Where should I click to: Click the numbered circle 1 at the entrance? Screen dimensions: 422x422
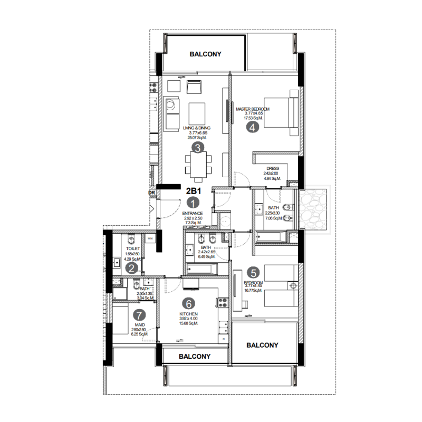194,203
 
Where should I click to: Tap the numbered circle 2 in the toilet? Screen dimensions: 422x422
132,268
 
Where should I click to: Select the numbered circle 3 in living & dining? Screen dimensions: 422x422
197,148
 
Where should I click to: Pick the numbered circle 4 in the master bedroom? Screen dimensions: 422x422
253,127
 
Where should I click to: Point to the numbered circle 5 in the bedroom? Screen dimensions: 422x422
254,273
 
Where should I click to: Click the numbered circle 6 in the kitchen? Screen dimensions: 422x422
188,304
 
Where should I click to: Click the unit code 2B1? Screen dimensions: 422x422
193,191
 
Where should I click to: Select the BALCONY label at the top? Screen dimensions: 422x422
205,54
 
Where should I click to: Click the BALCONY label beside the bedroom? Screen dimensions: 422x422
262,345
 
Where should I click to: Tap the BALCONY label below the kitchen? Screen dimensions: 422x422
195,357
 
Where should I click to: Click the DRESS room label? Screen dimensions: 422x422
273,169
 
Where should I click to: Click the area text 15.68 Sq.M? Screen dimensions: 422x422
188,323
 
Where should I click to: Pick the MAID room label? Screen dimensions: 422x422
140,324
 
